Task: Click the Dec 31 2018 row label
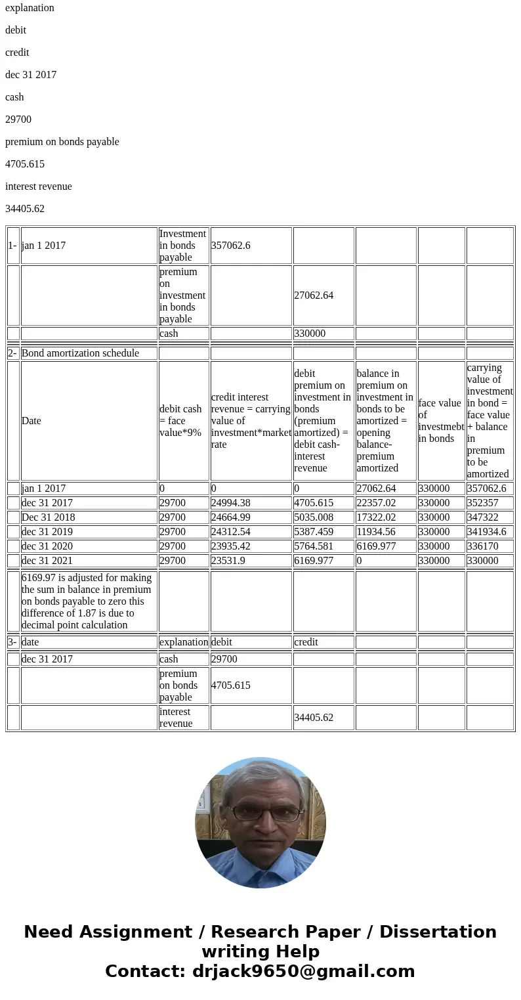click(48, 517)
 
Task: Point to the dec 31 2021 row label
click(47, 561)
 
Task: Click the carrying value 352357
click(483, 503)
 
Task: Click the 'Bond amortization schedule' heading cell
click(80, 353)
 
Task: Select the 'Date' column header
click(31, 421)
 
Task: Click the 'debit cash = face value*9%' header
click(181, 421)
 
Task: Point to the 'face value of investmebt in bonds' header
click(441, 421)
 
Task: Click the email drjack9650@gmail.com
click(303, 972)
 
